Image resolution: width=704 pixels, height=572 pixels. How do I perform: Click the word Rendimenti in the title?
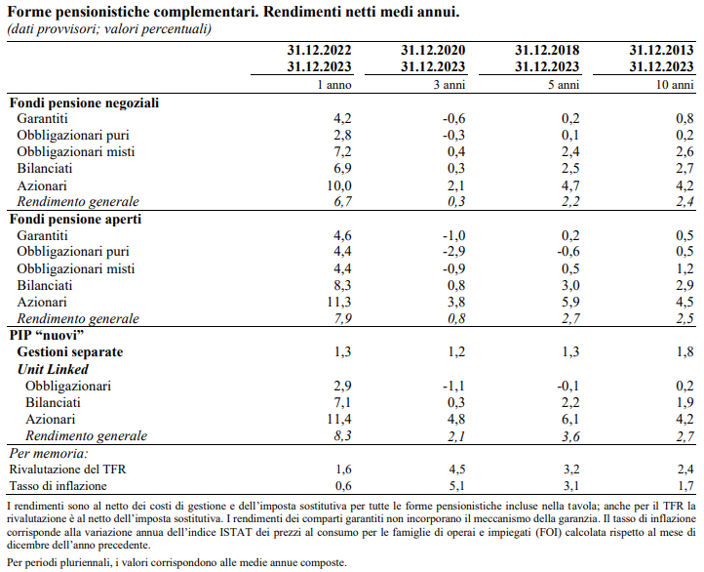point(279,12)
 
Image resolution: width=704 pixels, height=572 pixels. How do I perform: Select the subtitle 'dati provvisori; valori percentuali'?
point(108,28)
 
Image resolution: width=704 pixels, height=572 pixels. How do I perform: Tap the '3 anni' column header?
point(450,86)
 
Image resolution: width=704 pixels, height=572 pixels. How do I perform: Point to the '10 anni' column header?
point(674,86)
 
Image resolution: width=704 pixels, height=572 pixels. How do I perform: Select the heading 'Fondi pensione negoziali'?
point(84,102)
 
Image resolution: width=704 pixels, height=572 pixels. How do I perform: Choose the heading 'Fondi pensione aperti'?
point(75,220)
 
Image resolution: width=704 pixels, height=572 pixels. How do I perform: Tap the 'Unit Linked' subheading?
point(54,369)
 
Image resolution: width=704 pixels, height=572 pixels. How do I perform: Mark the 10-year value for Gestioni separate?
point(684,351)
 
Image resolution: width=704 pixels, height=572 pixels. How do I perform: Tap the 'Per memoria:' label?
point(48,453)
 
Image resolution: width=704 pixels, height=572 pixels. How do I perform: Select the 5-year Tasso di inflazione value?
point(570,485)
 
